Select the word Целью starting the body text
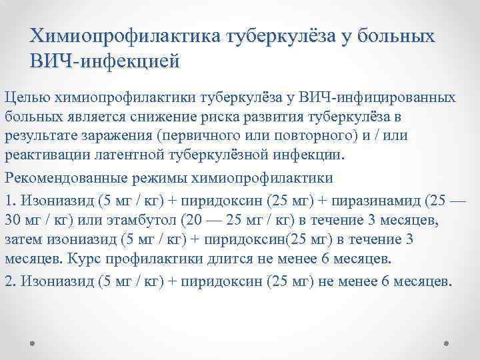(22, 98)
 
